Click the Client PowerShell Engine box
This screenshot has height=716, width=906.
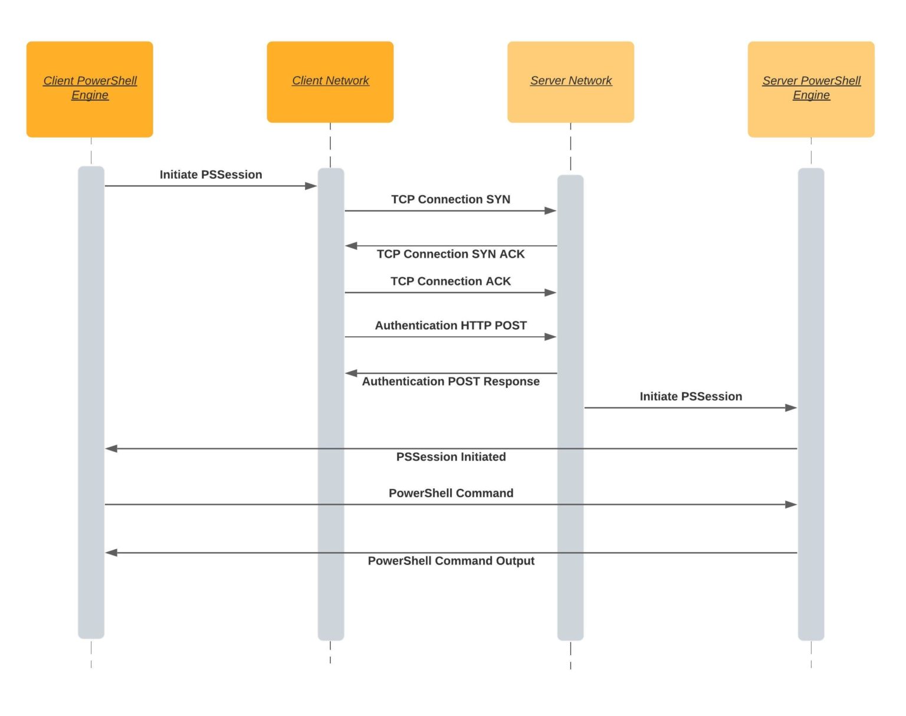coord(90,89)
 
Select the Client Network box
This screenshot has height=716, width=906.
coord(330,82)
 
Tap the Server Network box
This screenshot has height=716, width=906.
coord(570,82)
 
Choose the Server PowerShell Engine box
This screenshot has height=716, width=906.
coord(811,89)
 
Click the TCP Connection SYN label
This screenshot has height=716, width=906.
coord(451,199)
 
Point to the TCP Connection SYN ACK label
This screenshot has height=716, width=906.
coord(451,254)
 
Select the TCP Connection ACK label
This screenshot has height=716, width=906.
coord(451,281)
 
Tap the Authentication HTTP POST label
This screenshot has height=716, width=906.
coord(451,326)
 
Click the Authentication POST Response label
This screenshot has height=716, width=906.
coord(451,382)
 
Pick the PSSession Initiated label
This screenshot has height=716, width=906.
coord(451,457)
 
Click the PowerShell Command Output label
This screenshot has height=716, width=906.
coord(451,561)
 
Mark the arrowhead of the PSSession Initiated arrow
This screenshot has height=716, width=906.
coord(111,449)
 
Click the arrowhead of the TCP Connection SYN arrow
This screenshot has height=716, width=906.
coord(550,211)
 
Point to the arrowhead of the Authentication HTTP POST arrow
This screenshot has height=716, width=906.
coord(550,337)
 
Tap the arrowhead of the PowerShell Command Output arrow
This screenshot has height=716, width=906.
coord(111,553)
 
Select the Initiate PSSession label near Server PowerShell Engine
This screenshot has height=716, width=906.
coord(691,396)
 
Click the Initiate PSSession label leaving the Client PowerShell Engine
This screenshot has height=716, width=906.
coord(211,175)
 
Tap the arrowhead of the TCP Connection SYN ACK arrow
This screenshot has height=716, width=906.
coord(352,246)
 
